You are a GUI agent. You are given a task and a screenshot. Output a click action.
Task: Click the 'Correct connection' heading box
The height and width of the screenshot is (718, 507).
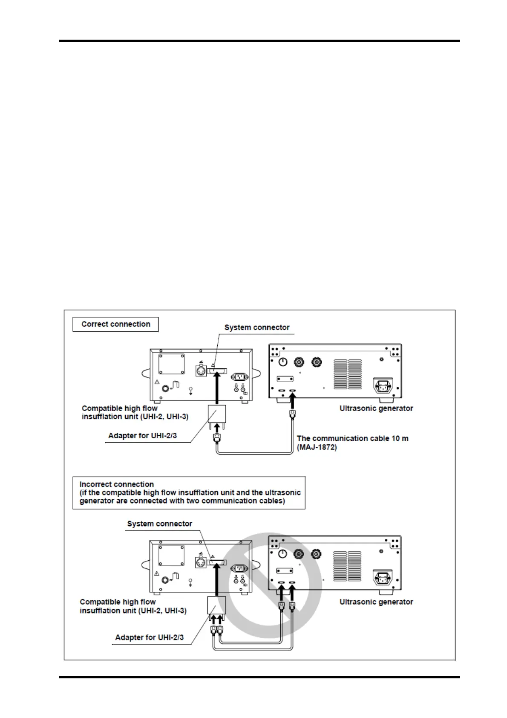click(115, 324)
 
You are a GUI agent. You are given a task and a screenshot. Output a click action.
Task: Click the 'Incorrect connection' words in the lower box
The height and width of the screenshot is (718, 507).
click(116, 484)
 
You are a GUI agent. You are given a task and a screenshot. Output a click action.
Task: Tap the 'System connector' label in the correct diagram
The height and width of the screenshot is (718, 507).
click(257, 327)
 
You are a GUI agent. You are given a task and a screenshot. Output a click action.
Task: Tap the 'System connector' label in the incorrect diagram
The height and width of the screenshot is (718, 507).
click(159, 524)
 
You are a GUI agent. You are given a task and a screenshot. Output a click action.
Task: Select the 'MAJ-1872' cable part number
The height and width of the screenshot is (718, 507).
click(317, 447)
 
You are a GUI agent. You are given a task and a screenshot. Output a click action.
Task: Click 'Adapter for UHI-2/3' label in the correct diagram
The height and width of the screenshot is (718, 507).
click(142, 435)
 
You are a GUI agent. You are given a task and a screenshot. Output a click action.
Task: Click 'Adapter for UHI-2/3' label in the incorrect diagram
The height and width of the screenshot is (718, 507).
click(149, 637)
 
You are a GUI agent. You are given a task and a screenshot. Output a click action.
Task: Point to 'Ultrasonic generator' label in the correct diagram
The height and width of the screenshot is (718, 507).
click(376, 408)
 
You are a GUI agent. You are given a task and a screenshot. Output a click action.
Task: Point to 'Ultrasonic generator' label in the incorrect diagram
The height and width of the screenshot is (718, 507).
click(376, 602)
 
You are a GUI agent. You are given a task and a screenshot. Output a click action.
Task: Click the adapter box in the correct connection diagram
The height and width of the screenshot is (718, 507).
click(217, 414)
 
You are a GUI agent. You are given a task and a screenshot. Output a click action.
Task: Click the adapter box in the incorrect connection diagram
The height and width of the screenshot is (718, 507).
click(217, 605)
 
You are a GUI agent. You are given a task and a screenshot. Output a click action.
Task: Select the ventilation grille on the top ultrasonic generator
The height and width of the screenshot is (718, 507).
click(348, 374)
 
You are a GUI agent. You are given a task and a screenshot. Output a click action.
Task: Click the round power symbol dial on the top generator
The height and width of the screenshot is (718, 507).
click(283, 362)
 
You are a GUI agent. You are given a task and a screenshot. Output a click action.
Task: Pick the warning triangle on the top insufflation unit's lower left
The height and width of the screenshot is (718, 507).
click(157, 382)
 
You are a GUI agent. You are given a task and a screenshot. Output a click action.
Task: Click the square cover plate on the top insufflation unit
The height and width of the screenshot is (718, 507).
click(172, 363)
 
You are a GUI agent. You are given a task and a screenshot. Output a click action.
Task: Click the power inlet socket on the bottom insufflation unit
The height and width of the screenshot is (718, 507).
click(239, 568)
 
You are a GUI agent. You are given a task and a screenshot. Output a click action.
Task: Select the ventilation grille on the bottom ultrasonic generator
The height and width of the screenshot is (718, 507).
click(347, 566)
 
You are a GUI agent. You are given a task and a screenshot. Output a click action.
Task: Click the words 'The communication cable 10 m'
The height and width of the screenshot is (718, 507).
click(352, 438)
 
